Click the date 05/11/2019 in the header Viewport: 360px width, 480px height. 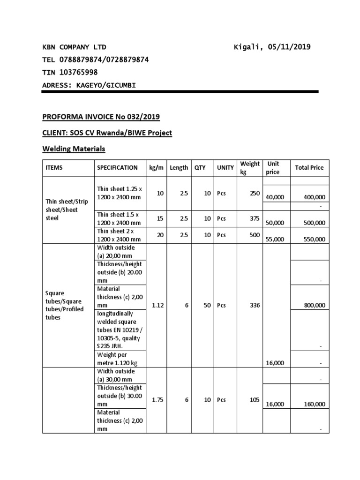289,47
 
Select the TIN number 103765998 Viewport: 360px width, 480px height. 78,72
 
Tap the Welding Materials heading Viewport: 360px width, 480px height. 74,149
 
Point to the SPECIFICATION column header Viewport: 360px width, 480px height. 117,167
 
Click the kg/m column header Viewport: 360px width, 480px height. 155,167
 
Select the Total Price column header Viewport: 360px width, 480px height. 309,167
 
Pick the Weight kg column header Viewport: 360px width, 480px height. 249,167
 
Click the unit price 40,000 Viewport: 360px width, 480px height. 275,198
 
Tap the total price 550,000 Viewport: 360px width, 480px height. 315,239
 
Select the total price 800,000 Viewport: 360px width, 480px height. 315,305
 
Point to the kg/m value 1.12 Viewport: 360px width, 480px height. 157,305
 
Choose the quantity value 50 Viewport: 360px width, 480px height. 207,305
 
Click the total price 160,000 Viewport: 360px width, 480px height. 315,404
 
